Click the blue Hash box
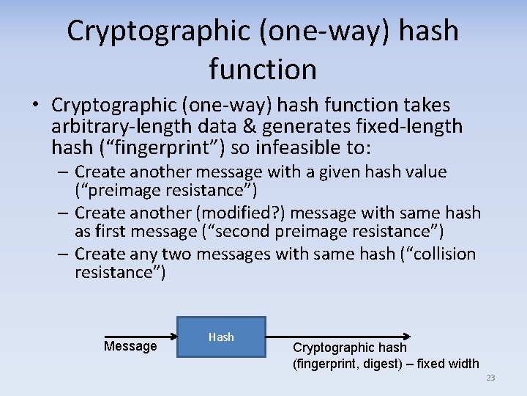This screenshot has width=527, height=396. (221, 337)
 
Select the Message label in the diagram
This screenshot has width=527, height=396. (130, 346)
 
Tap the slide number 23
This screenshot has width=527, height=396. (490, 378)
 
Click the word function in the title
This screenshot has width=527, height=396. (263, 70)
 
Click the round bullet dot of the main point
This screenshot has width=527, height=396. (35, 106)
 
